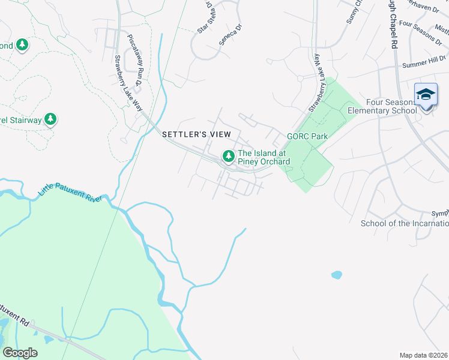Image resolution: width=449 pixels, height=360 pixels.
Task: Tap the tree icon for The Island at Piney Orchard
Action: pyautogui.click(x=228, y=157)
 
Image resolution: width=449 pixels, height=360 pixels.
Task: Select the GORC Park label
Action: pyautogui.click(x=307, y=136)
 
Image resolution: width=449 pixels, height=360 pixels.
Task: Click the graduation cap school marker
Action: pyautogui.click(x=426, y=95)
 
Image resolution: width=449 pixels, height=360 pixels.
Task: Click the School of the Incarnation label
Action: pyautogui.click(x=404, y=224)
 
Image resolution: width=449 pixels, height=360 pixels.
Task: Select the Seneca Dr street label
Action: pyautogui.click(x=230, y=35)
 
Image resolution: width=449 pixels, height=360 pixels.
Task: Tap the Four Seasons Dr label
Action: pyautogui.click(x=420, y=32)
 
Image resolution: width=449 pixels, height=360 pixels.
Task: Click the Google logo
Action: pyautogui.click(x=20, y=352)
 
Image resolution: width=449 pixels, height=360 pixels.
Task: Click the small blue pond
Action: pyautogui.click(x=336, y=275)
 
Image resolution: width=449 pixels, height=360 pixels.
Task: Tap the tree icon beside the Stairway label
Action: pyautogui.click(x=51, y=119)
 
